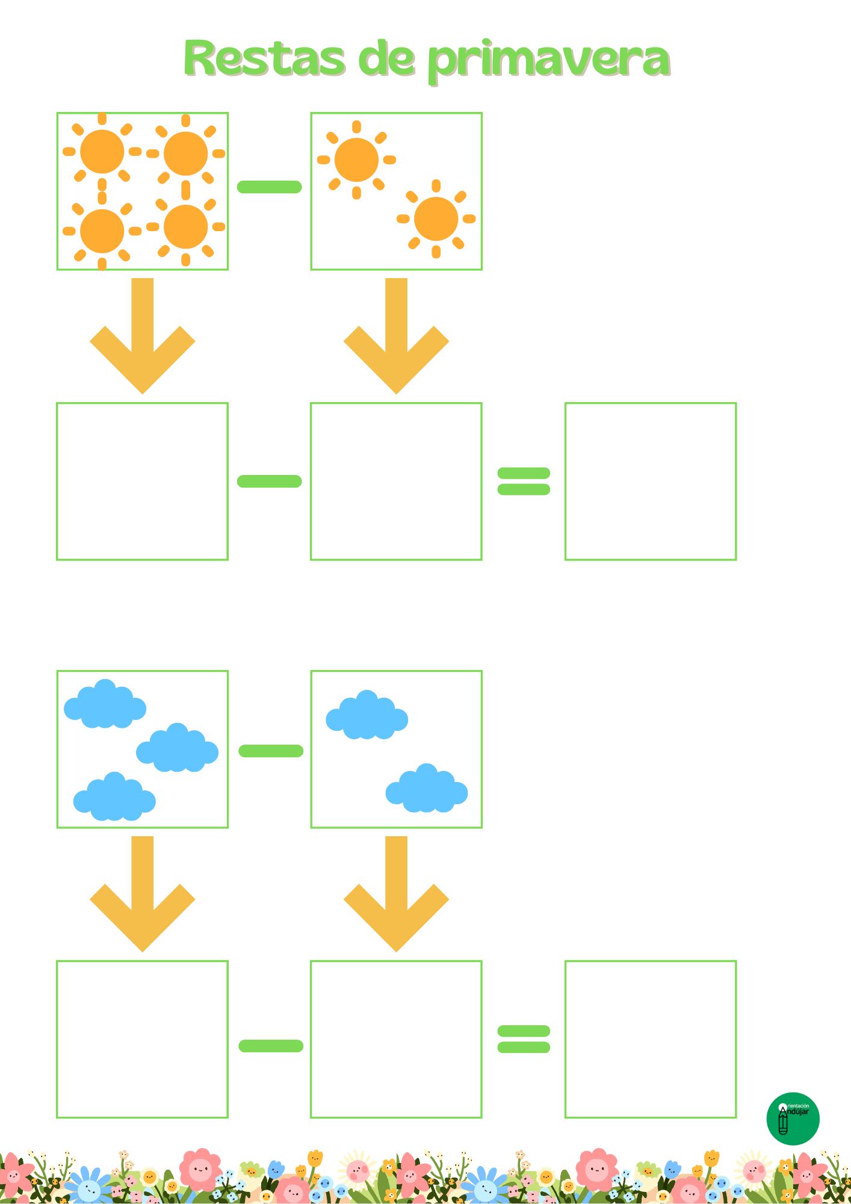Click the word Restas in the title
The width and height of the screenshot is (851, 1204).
(265, 59)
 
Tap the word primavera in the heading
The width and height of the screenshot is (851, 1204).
(548, 60)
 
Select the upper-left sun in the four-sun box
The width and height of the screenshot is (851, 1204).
(102, 152)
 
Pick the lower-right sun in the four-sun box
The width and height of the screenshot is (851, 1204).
(185, 227)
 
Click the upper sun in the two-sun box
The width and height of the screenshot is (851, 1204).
(356, 160)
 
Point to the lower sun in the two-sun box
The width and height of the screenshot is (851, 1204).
(436, 219)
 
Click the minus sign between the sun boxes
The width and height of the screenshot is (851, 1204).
(269, 187)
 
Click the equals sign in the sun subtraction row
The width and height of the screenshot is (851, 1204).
(524, 481)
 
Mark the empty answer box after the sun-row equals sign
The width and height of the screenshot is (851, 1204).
(650, 481)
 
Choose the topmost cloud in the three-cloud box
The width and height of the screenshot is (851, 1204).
(105, 705)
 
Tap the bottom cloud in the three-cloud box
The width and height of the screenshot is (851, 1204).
(114, 798)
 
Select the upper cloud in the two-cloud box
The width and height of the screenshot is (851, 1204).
(367, 716)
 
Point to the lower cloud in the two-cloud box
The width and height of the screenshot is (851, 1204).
(426, 789)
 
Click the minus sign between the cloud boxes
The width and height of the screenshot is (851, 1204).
(271, 751)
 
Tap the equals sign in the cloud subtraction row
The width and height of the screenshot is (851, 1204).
(524, 1039)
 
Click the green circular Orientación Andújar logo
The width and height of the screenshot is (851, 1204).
(793, 1119)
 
